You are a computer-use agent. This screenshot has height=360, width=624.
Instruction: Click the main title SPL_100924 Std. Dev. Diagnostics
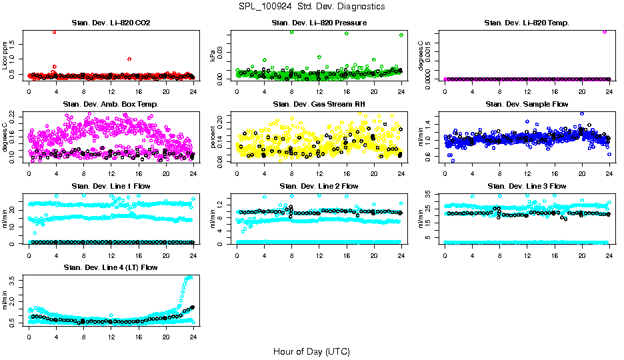point(311,7)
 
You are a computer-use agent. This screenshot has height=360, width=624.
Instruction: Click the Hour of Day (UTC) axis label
point(311,351)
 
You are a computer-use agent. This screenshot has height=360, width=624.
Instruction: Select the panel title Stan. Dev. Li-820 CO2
point(111,23)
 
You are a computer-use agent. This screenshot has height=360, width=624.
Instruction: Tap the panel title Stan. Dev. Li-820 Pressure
point(319,23)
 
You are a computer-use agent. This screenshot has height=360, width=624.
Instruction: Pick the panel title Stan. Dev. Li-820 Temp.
point(527,23)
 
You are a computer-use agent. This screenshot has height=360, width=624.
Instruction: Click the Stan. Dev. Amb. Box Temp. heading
point(111,105)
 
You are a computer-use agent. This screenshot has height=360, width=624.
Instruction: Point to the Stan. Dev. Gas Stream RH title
point(319,105)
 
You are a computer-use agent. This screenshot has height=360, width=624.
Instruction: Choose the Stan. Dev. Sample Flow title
point(527,105)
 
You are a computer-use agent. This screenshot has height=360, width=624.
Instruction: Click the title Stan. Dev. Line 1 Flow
point(111,186)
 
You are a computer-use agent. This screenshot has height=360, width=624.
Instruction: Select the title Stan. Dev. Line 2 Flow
point(319,186)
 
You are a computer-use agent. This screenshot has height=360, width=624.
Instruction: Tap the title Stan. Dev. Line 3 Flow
point(527,186)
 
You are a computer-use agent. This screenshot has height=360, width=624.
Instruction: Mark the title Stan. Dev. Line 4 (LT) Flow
point(111,267)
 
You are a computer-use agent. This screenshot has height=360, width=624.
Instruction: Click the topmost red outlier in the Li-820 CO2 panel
point(54,31)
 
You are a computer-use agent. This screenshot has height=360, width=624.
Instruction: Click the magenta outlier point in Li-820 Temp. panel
point(605,31)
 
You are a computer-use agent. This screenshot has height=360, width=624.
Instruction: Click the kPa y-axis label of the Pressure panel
point(213,58)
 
